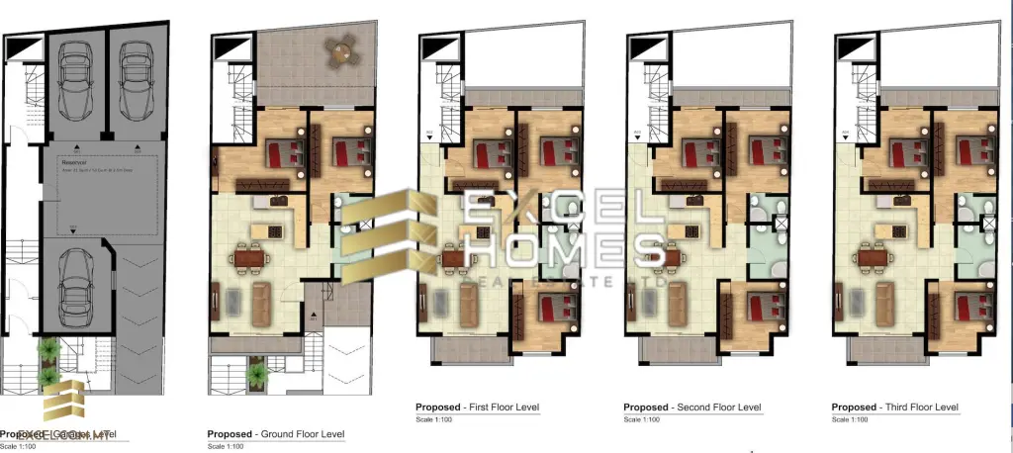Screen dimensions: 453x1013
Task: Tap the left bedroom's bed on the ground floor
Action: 284,154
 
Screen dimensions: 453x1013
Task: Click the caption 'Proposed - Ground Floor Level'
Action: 275,434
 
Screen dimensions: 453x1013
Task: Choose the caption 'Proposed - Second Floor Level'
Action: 691,408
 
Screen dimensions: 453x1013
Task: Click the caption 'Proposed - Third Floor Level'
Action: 895,408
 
